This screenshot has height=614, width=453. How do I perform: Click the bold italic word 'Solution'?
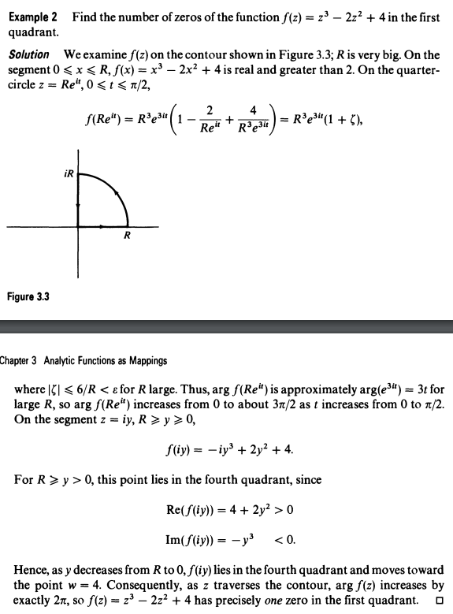pos(29,54)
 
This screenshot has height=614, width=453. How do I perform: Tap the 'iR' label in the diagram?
pos(68,171)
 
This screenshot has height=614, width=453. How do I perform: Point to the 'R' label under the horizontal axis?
pos(127,236)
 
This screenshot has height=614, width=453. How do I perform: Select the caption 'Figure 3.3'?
pos(29,296)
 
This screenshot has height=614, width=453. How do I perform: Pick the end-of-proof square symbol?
pos(436,604)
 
